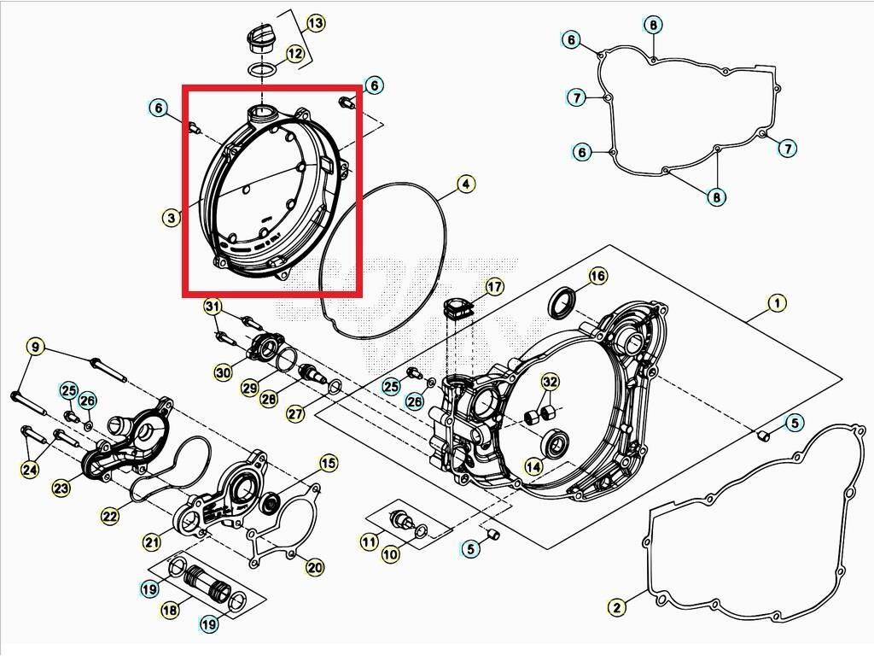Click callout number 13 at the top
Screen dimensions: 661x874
click(x=315, y=23)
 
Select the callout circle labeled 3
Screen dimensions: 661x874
click(x=172, y=218)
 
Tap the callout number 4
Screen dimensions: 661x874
click(x=464, y=184)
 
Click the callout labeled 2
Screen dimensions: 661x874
click(x=616, y=607)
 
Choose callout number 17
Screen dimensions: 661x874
click(x=494, y=287)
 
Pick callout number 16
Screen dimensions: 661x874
click(x=597, y=276)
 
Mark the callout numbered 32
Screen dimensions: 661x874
click(x=550, y=381)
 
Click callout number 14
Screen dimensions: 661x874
click(x=533, y=466)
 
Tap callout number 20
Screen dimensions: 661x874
click(x=314, y=567)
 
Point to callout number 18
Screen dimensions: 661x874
click(x=170, y=609)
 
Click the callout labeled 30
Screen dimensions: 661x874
click(x=223, y=372)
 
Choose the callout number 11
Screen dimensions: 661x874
click(x=369, y=541)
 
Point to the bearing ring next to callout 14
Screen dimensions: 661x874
click(x=558, y=442)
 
